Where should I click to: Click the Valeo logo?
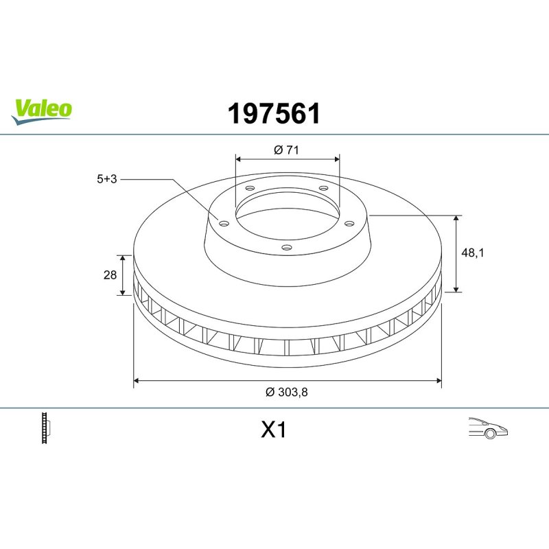tap(41, 112)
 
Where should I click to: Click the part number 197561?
tap(274, 114)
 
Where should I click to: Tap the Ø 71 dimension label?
tap(286, 150)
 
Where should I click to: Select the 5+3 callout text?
tap(107, 179)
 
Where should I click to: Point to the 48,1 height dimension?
tap(472, 253)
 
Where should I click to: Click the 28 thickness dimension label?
tap(110, 275)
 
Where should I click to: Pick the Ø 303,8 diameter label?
tap(286, 392)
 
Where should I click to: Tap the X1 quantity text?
tap(273, 430)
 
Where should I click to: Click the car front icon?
tap(488, 428)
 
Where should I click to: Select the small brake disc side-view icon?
tap(46, 428)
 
